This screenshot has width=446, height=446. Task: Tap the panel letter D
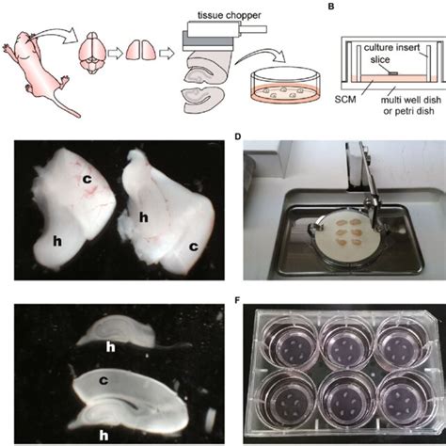tap(238, 137)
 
